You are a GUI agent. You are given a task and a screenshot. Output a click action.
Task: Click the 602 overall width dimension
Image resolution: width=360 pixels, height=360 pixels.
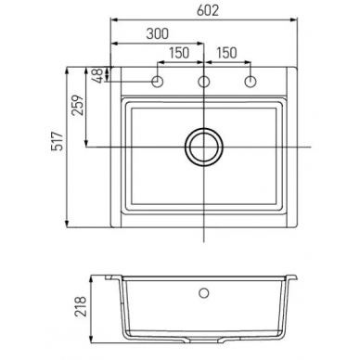208,10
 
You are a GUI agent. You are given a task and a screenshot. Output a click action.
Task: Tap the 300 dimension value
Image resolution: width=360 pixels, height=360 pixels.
158,33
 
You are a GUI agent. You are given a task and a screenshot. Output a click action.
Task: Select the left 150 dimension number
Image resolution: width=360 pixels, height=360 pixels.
179,53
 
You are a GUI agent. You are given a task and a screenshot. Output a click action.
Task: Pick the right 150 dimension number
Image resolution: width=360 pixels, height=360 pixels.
226,53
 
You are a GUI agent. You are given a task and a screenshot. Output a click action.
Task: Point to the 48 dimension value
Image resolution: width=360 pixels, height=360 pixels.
98,75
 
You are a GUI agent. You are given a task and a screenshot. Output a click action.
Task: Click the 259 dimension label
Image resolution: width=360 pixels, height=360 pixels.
78,105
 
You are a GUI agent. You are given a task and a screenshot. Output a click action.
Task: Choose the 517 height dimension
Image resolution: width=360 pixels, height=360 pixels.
58,141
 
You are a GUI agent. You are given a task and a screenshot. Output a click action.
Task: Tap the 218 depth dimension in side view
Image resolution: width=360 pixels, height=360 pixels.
81,306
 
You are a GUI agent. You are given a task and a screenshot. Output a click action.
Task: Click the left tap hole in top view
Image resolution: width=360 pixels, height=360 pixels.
158,82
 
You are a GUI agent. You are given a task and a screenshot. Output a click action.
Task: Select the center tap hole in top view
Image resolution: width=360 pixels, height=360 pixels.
204,82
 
